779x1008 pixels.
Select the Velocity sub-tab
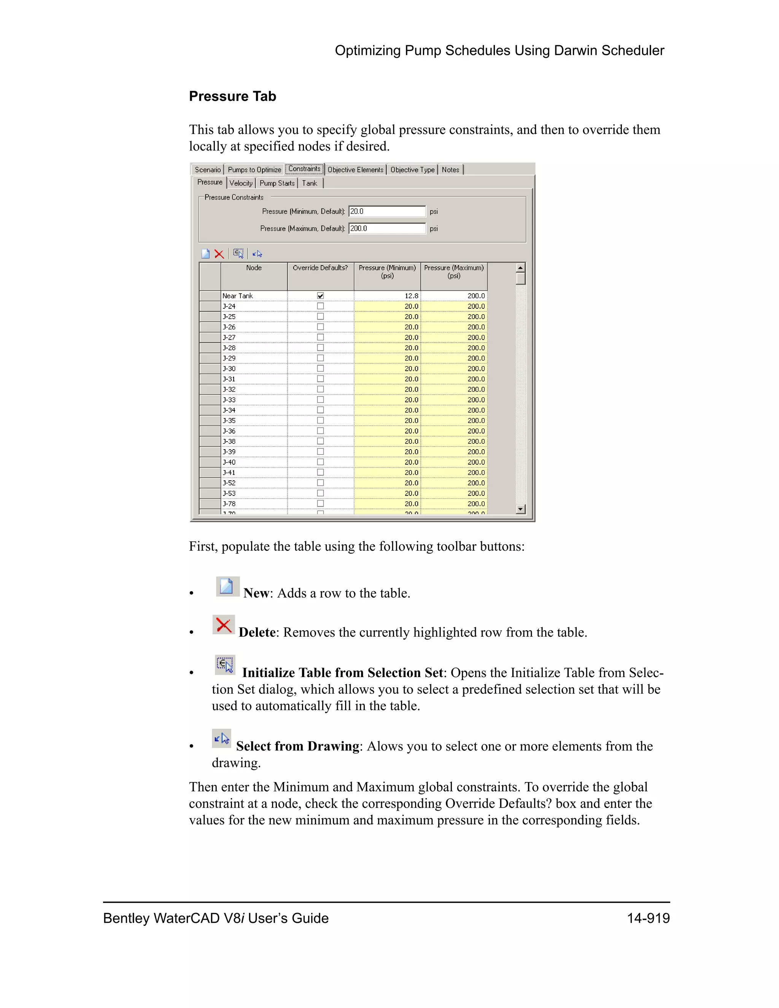coord(241,183)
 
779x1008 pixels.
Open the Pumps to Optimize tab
coord(254,170)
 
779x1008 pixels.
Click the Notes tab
coord(450,170)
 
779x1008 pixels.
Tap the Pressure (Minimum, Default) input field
coord(387,211)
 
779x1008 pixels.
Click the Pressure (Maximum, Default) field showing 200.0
coord(387,229)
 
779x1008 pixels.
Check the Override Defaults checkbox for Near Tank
coord(320,296)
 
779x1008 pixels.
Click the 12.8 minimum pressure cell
coord(388,296)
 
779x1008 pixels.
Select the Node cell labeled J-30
coord(254,369)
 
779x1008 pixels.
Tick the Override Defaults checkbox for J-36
coord(320,431)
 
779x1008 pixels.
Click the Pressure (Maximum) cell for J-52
coord(454,483)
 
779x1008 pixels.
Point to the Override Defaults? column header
coord(320,268)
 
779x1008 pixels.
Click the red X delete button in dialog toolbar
coord(219,254)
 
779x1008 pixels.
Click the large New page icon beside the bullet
coord(227,587)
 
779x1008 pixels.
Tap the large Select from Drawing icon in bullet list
coord(221,738)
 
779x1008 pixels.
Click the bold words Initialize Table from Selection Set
coord(342,673)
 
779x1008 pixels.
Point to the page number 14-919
coord(648,919)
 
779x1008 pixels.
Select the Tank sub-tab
coord(310,183)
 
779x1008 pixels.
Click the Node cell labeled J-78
coord(254,504)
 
